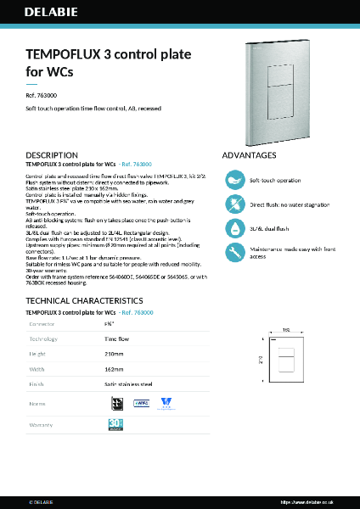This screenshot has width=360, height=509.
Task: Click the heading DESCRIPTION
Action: [52, 155]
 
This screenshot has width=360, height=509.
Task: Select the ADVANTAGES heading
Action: [249, 155]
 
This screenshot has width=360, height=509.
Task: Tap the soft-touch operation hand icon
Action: [233, 181]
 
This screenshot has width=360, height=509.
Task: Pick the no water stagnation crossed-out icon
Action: [233, 204]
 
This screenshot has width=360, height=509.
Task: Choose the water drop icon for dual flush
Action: [233, 228]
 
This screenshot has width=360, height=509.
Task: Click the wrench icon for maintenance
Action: [233, 252]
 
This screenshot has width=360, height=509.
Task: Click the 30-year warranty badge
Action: [116, 423]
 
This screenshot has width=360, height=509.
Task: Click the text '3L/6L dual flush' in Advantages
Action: [270, 228]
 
